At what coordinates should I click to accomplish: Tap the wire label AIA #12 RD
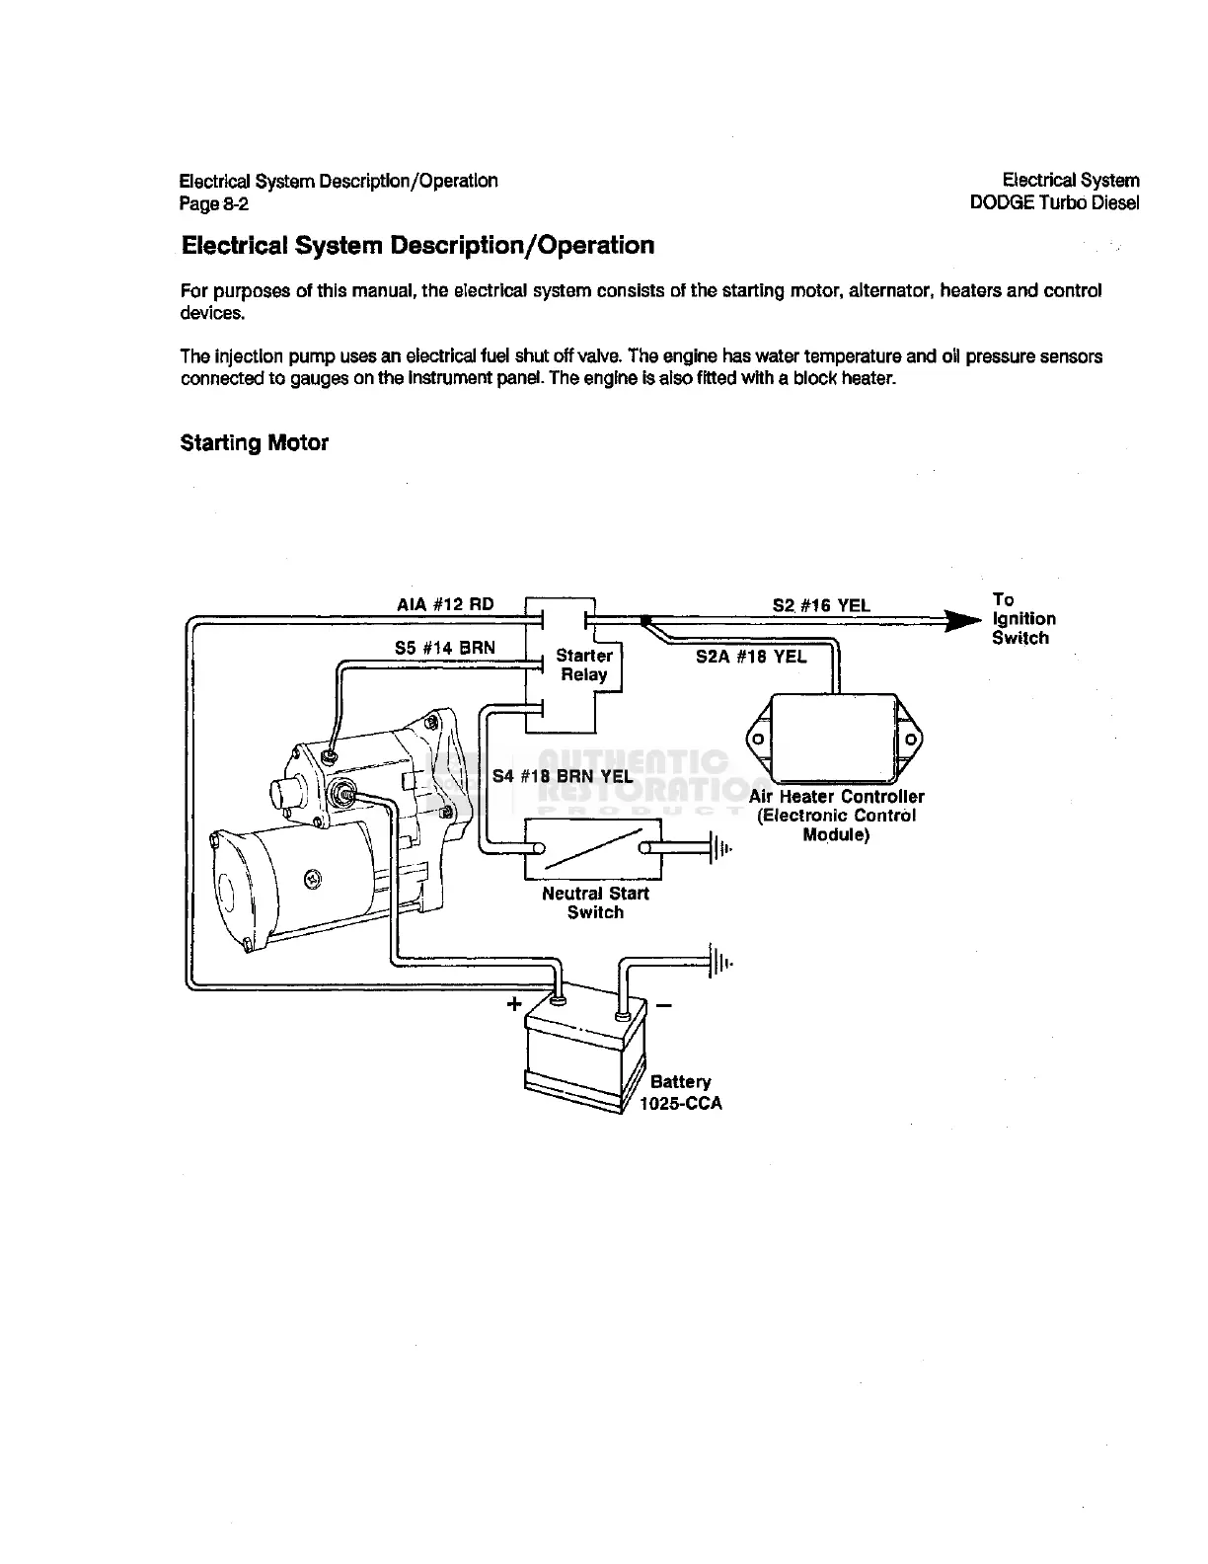click(x=445, y=604)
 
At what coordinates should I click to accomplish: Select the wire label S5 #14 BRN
click(x=445, y=648)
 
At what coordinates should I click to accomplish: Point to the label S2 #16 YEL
click(x=821, y=605)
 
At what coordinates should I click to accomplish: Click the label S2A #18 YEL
click(x=751, y=657)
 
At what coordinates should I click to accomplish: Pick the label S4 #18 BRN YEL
click(x=563, y=776)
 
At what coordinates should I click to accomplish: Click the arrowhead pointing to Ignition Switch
click(x=959, y=621)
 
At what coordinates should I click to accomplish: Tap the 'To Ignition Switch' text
click(x=1023, y=619)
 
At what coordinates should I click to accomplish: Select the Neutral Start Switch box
click(x=593, y=849)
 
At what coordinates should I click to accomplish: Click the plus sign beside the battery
click(x=513, y=1005)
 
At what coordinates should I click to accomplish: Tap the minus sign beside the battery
click(x=663, y=1006)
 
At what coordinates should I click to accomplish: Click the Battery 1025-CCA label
click(x=681, y=1093)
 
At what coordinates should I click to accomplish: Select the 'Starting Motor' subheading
click(x=254, y=443)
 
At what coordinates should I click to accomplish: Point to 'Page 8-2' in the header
click(x=214, y=204)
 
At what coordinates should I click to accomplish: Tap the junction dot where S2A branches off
click(x=644, y=621)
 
